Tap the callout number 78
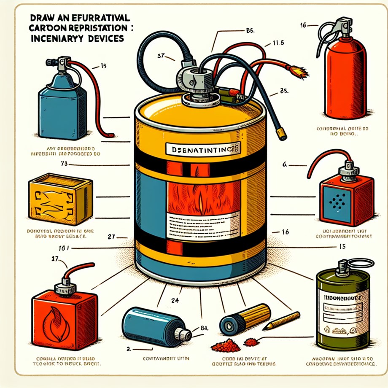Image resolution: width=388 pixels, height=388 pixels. (x=65, y=163)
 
